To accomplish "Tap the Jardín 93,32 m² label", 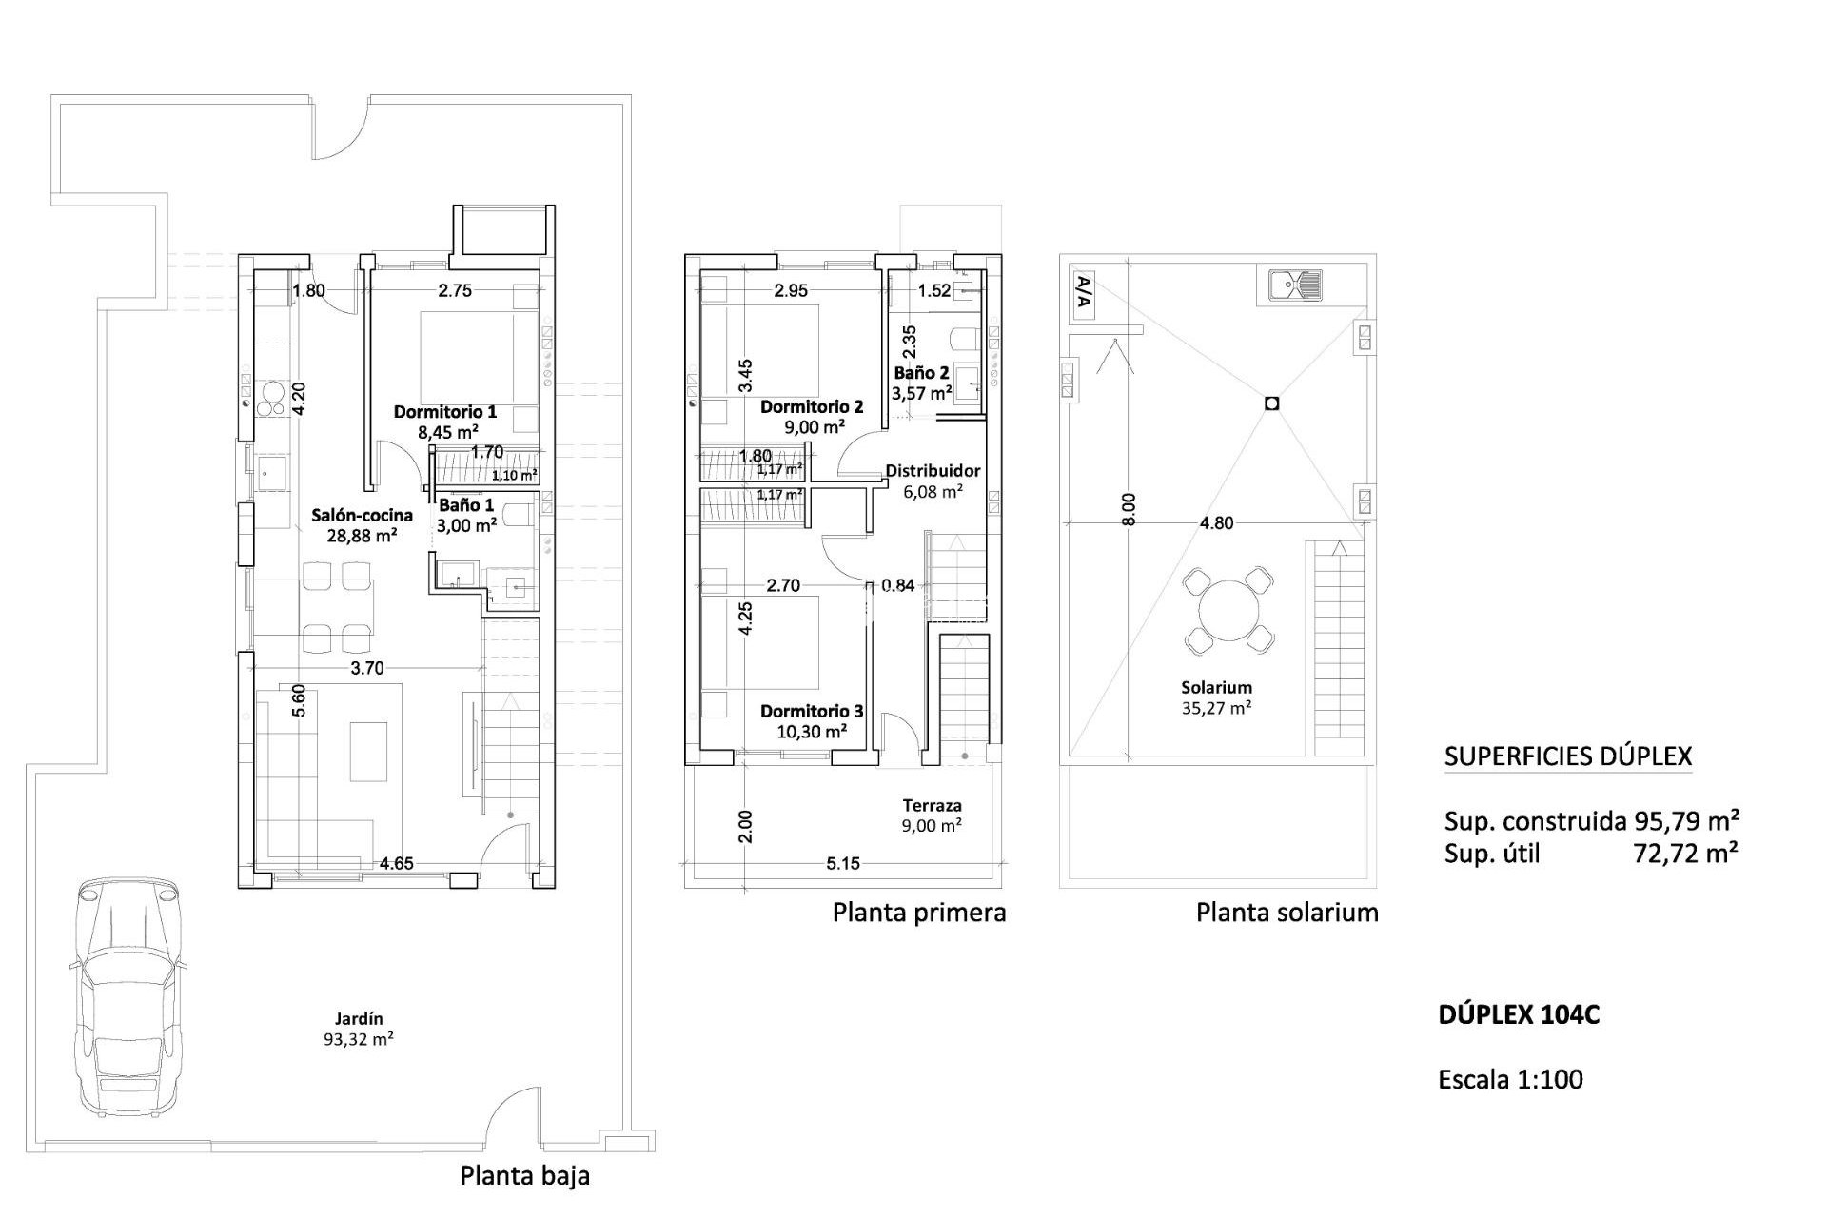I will click(359, 1029).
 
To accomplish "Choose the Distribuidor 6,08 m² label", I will click(933, 481).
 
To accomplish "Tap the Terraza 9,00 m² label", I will click(932, 815).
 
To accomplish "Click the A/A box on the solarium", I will click(1083, 294).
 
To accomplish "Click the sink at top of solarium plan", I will click(1295, 285).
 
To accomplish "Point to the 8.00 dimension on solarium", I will click(1129, 509).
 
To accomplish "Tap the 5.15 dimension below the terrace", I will click(843, 864).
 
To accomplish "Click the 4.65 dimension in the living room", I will click(396, 864).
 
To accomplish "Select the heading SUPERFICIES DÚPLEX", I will click(1567, 756).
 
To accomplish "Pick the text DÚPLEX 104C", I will click(1519, 1015).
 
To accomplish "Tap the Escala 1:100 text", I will click(1511, 1079).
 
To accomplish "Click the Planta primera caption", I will click(919, 913).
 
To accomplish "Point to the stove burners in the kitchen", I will click(271, 399).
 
